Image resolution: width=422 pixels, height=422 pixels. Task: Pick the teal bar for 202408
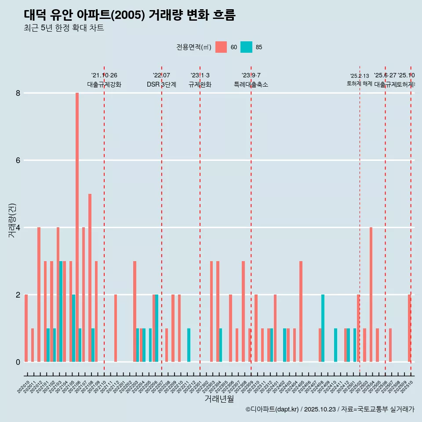(x=323, y=328)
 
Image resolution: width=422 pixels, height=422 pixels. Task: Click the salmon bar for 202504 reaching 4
(x=371, y=295)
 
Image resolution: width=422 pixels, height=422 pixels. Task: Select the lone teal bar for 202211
(x=189, y=345)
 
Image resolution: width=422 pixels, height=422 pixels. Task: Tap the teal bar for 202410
(x=336, y=345)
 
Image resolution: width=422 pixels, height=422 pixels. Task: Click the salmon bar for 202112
(x=116, y=328)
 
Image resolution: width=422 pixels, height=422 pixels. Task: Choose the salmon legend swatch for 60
(x=221, y=47)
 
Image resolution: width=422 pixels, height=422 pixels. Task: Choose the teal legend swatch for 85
(x=247, y=47)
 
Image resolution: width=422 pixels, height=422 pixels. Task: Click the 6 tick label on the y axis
(x=18, y=160)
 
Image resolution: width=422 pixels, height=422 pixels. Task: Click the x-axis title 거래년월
(x=219, y=399)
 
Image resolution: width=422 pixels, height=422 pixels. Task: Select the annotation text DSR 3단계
(x=161, y=84)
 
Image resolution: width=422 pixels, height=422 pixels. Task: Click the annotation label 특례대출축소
(x=251, y=84)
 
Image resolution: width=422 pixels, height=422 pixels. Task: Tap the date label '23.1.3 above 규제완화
(x=200, y=76)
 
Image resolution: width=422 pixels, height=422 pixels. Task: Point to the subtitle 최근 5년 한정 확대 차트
(x=64, y=28)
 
